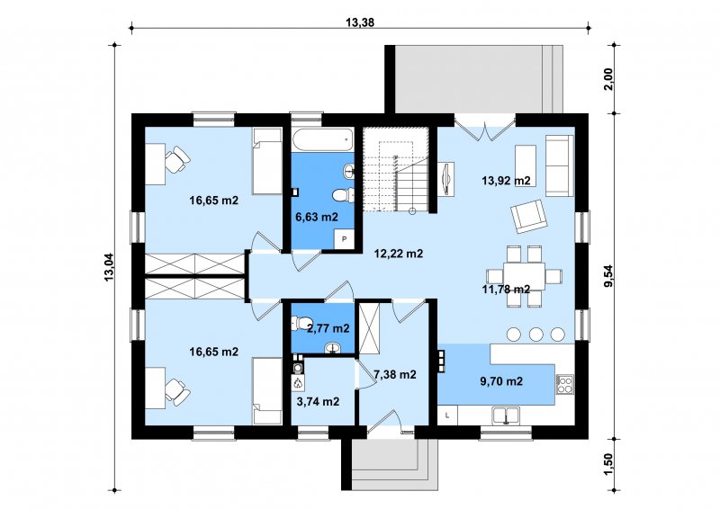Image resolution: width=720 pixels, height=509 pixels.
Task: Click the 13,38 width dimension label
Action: coord(359,22)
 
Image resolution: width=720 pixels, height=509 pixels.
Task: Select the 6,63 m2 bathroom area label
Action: coord(317,217)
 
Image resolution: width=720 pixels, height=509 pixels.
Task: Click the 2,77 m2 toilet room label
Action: coord(328,328)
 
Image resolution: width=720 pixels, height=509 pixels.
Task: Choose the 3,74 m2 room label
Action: coord(319,402)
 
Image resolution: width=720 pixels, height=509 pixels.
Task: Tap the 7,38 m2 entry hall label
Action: coord(395,374)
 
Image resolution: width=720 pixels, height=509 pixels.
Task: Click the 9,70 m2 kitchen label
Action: coord(501,381)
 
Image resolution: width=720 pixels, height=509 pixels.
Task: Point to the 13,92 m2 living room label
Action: coord(506,181)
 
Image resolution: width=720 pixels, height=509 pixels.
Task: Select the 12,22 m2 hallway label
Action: coord(399,254)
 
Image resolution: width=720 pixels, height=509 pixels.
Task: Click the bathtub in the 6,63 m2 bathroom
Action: coord(323,140)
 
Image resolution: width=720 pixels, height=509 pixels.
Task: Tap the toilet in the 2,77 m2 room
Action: coord(301,323)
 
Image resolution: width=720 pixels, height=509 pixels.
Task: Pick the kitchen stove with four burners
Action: coord(565,385)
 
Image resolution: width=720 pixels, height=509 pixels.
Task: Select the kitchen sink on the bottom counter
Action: coord(506,415)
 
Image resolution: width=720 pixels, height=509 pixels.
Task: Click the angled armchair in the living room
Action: coord(529,216)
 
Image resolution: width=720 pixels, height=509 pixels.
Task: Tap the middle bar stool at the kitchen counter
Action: coord(535,335)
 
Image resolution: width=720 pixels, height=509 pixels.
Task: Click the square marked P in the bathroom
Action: coord(344,239)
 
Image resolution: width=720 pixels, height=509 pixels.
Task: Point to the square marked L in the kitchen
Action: coord(447,415)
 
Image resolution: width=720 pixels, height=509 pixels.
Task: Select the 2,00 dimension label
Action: coord(608,79)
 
